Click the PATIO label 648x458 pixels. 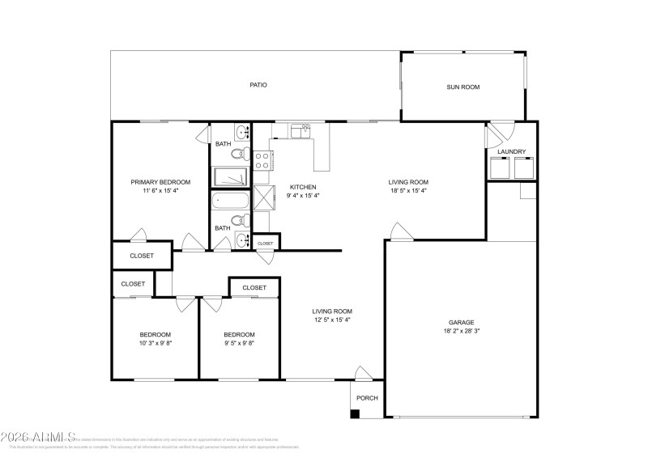point(258,85)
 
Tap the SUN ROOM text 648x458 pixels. point(463,87)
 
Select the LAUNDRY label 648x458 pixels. point(511,151)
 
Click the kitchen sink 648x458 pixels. point(300,129)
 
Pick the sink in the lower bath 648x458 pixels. point(241,239)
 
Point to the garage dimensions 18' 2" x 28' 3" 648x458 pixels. point(462,331)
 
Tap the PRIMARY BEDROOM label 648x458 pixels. point(160,182)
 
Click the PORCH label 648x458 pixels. point(367,398)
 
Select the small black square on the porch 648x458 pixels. point(355,414)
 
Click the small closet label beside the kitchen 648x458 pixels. point(266,243)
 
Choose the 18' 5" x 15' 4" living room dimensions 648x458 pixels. point(408,191)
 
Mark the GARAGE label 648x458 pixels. point(462,322)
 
